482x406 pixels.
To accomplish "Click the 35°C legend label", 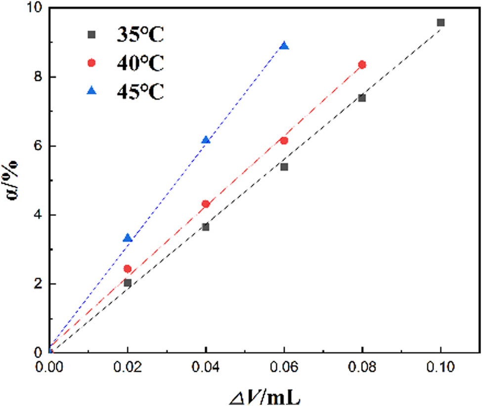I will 140,35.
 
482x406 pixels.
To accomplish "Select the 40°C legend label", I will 140,64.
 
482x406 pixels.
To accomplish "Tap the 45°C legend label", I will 140,92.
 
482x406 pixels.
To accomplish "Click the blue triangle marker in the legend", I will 91,92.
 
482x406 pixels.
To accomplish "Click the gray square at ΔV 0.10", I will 440,23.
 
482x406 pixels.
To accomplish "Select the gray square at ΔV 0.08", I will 362,98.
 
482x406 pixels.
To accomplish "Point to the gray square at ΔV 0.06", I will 284,167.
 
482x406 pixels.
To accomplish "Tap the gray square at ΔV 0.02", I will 128,283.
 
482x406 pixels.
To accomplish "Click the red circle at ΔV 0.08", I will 362,65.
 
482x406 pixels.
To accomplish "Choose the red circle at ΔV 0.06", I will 284,141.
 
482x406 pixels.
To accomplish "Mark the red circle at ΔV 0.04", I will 206,204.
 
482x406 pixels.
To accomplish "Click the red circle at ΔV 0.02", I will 128,269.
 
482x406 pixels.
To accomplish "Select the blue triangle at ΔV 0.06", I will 284,46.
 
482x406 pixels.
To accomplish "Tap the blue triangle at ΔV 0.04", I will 206,140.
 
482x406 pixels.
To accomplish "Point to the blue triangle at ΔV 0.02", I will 128,238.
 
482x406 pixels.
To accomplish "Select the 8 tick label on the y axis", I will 38,77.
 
